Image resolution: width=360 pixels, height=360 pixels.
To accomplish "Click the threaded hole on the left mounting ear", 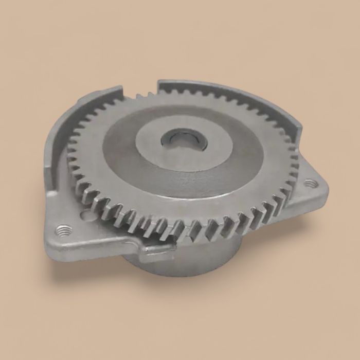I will (x=64, y=229).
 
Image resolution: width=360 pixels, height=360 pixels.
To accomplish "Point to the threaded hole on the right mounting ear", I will (x=309, y=183).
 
